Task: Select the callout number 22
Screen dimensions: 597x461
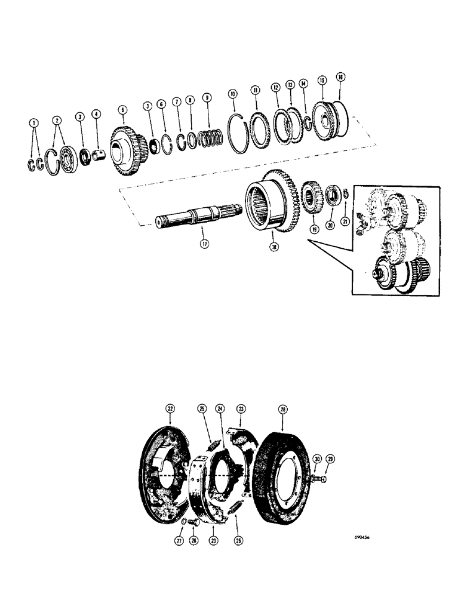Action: tap(171, 408)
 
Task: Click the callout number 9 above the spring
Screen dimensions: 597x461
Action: tap(207, 97)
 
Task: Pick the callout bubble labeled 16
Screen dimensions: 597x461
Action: tap(340, 77)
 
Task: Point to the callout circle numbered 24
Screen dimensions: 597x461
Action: tap(220, 409)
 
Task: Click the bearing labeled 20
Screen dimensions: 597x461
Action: tap(332, 195)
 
